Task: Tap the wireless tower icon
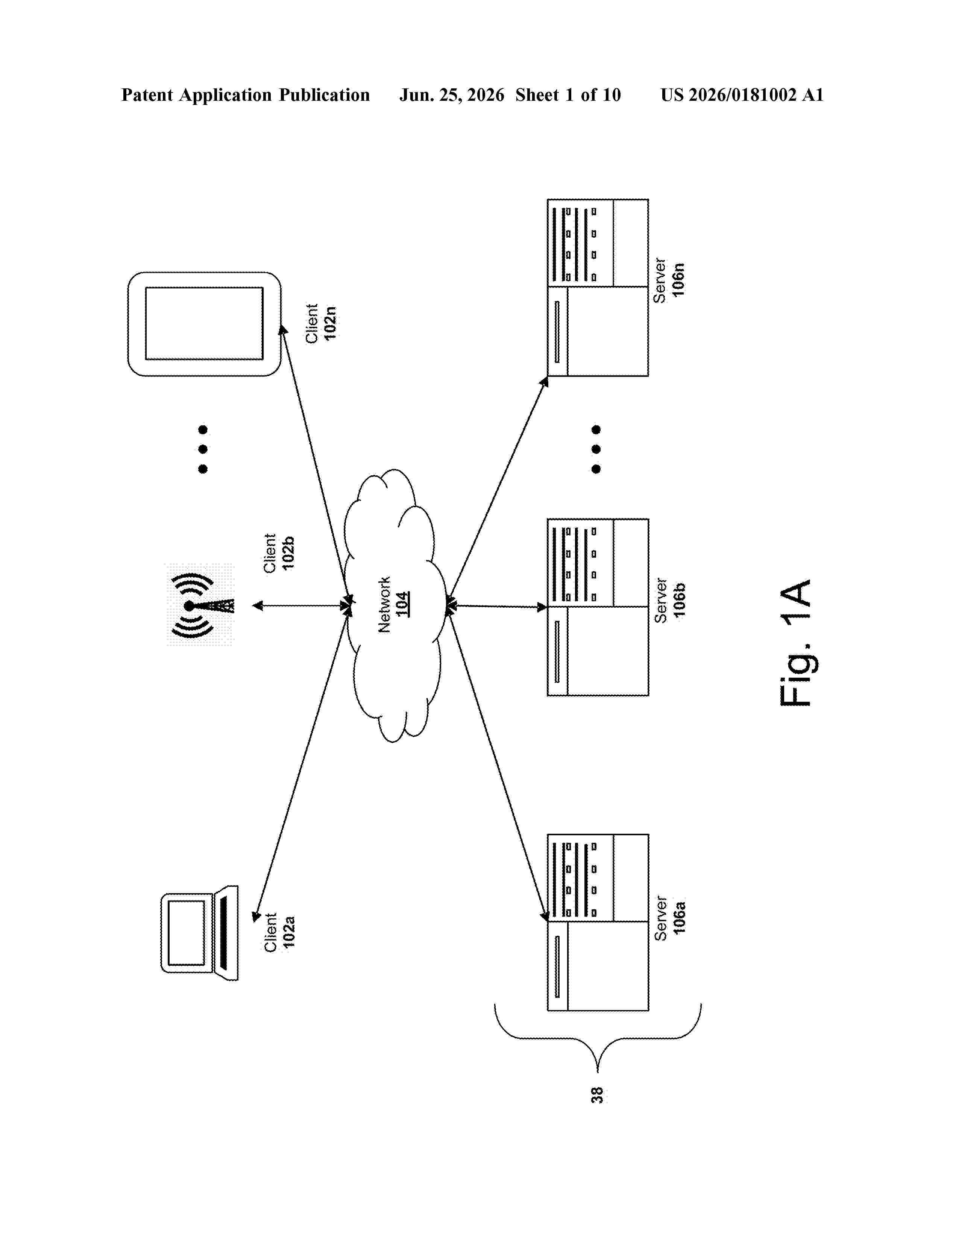pyautogui.click(x=200, y=605)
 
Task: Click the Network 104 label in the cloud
pyautogui.click(x=393, y=604)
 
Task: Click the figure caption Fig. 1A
pyautogui.click(x=795, y=643)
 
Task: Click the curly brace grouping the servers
pyautogui.click(x=598, y=1038)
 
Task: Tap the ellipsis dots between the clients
pyautogui.click(x=203, y=449)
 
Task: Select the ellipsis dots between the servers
pyautogui.click(x=596, y=449)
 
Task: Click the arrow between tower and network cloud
pyautogui.click(x=300, y=606)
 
